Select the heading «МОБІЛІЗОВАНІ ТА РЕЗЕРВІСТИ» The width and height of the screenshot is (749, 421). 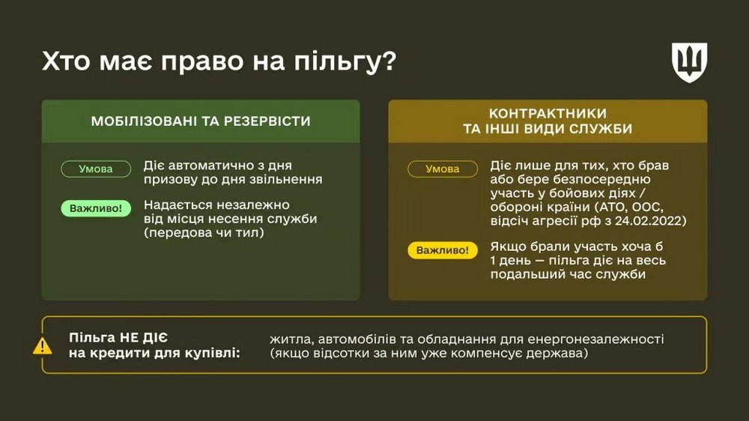(x=201, y=121)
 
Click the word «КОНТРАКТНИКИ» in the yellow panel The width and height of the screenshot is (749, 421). (x=547, y=113)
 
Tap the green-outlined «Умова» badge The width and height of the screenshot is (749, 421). (x=96, y=169)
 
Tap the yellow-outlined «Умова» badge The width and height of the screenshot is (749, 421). (x=442, y=169)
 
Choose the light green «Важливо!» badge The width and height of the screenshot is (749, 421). (x=96, y=208)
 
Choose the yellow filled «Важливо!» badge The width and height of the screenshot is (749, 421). (x=442, y=251)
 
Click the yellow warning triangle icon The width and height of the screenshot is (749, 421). (x=43, y=346)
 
